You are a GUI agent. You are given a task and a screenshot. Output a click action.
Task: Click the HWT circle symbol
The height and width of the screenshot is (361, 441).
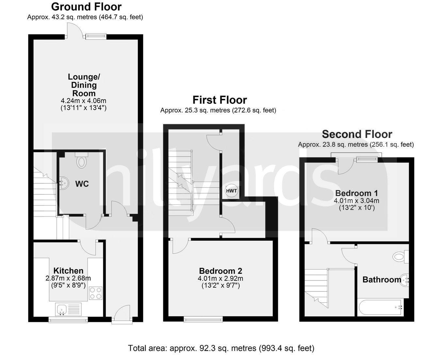(232, 191)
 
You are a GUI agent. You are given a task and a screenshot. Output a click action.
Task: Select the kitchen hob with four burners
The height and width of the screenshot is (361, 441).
(95, 293)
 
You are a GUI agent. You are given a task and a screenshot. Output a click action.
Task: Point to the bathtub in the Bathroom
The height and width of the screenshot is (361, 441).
(381, 308)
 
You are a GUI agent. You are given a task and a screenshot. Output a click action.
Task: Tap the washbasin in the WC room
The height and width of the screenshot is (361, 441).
(64, 183)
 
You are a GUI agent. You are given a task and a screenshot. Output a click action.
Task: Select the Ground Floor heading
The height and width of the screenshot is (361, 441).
(86, 7)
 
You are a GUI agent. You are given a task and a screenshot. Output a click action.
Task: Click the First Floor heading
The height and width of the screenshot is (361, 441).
(220, 100)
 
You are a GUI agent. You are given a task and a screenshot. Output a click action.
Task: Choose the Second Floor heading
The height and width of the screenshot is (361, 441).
(357, 134)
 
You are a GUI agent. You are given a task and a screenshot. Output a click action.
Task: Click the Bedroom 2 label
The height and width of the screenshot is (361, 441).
(220, 271)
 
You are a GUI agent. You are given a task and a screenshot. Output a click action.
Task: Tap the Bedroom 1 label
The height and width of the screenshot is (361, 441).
(356, 193)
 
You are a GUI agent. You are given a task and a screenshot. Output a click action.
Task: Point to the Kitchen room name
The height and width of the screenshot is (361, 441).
(68, 270)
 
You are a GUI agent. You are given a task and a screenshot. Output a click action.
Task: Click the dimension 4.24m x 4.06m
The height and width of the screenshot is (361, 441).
(83, 101)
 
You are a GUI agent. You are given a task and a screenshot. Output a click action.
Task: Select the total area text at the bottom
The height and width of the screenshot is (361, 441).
(221, 348)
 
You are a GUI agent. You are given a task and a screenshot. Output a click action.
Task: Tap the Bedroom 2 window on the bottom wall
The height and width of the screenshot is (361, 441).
(203, 320)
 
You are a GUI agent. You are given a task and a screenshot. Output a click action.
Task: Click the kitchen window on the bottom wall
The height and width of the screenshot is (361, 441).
(68, 320)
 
